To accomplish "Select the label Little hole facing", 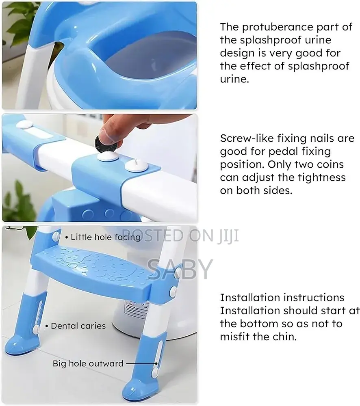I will coord(106,237).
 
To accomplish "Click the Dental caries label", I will coord(78,326).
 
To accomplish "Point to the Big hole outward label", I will coord(88,363).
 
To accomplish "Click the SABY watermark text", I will coord(180,268).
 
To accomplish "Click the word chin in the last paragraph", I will coord(284,337).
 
